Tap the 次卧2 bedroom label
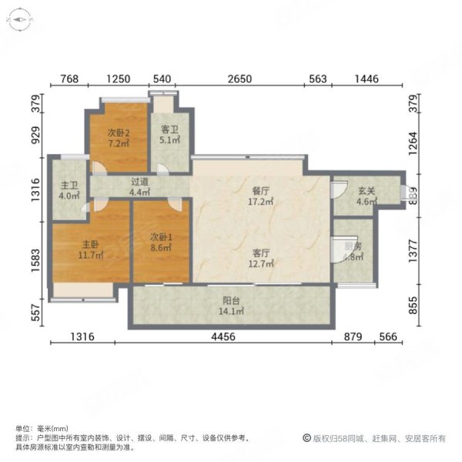pyautogui.click(x=117, y=132)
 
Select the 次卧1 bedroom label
pyautogui.click(x=162, y=236)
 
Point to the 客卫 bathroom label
pyautogui.click(x=169, y=130)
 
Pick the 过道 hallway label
pyautogui.click(x=139, y=182)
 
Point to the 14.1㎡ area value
pyautogui.click(x=230, y=312)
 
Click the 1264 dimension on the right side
pyautogui.click(x=413, y=142)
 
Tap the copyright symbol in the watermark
pyautogui.click(x=306, y=438)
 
